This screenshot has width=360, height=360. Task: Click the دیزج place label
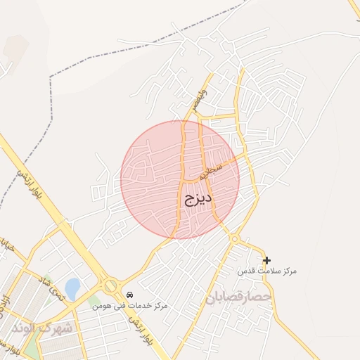(198, 199)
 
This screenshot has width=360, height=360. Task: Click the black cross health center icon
(266, 260)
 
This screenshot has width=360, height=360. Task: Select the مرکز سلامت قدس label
(266, 271)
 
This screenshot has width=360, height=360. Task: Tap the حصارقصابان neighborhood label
(238, 298)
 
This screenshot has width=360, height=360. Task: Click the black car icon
(129, 295)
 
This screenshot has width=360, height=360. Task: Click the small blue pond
(72, 288)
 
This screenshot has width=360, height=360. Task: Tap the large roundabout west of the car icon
(110, 285)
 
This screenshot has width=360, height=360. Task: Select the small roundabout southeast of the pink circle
(234, 239)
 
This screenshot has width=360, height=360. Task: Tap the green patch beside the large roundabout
(94, 301)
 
